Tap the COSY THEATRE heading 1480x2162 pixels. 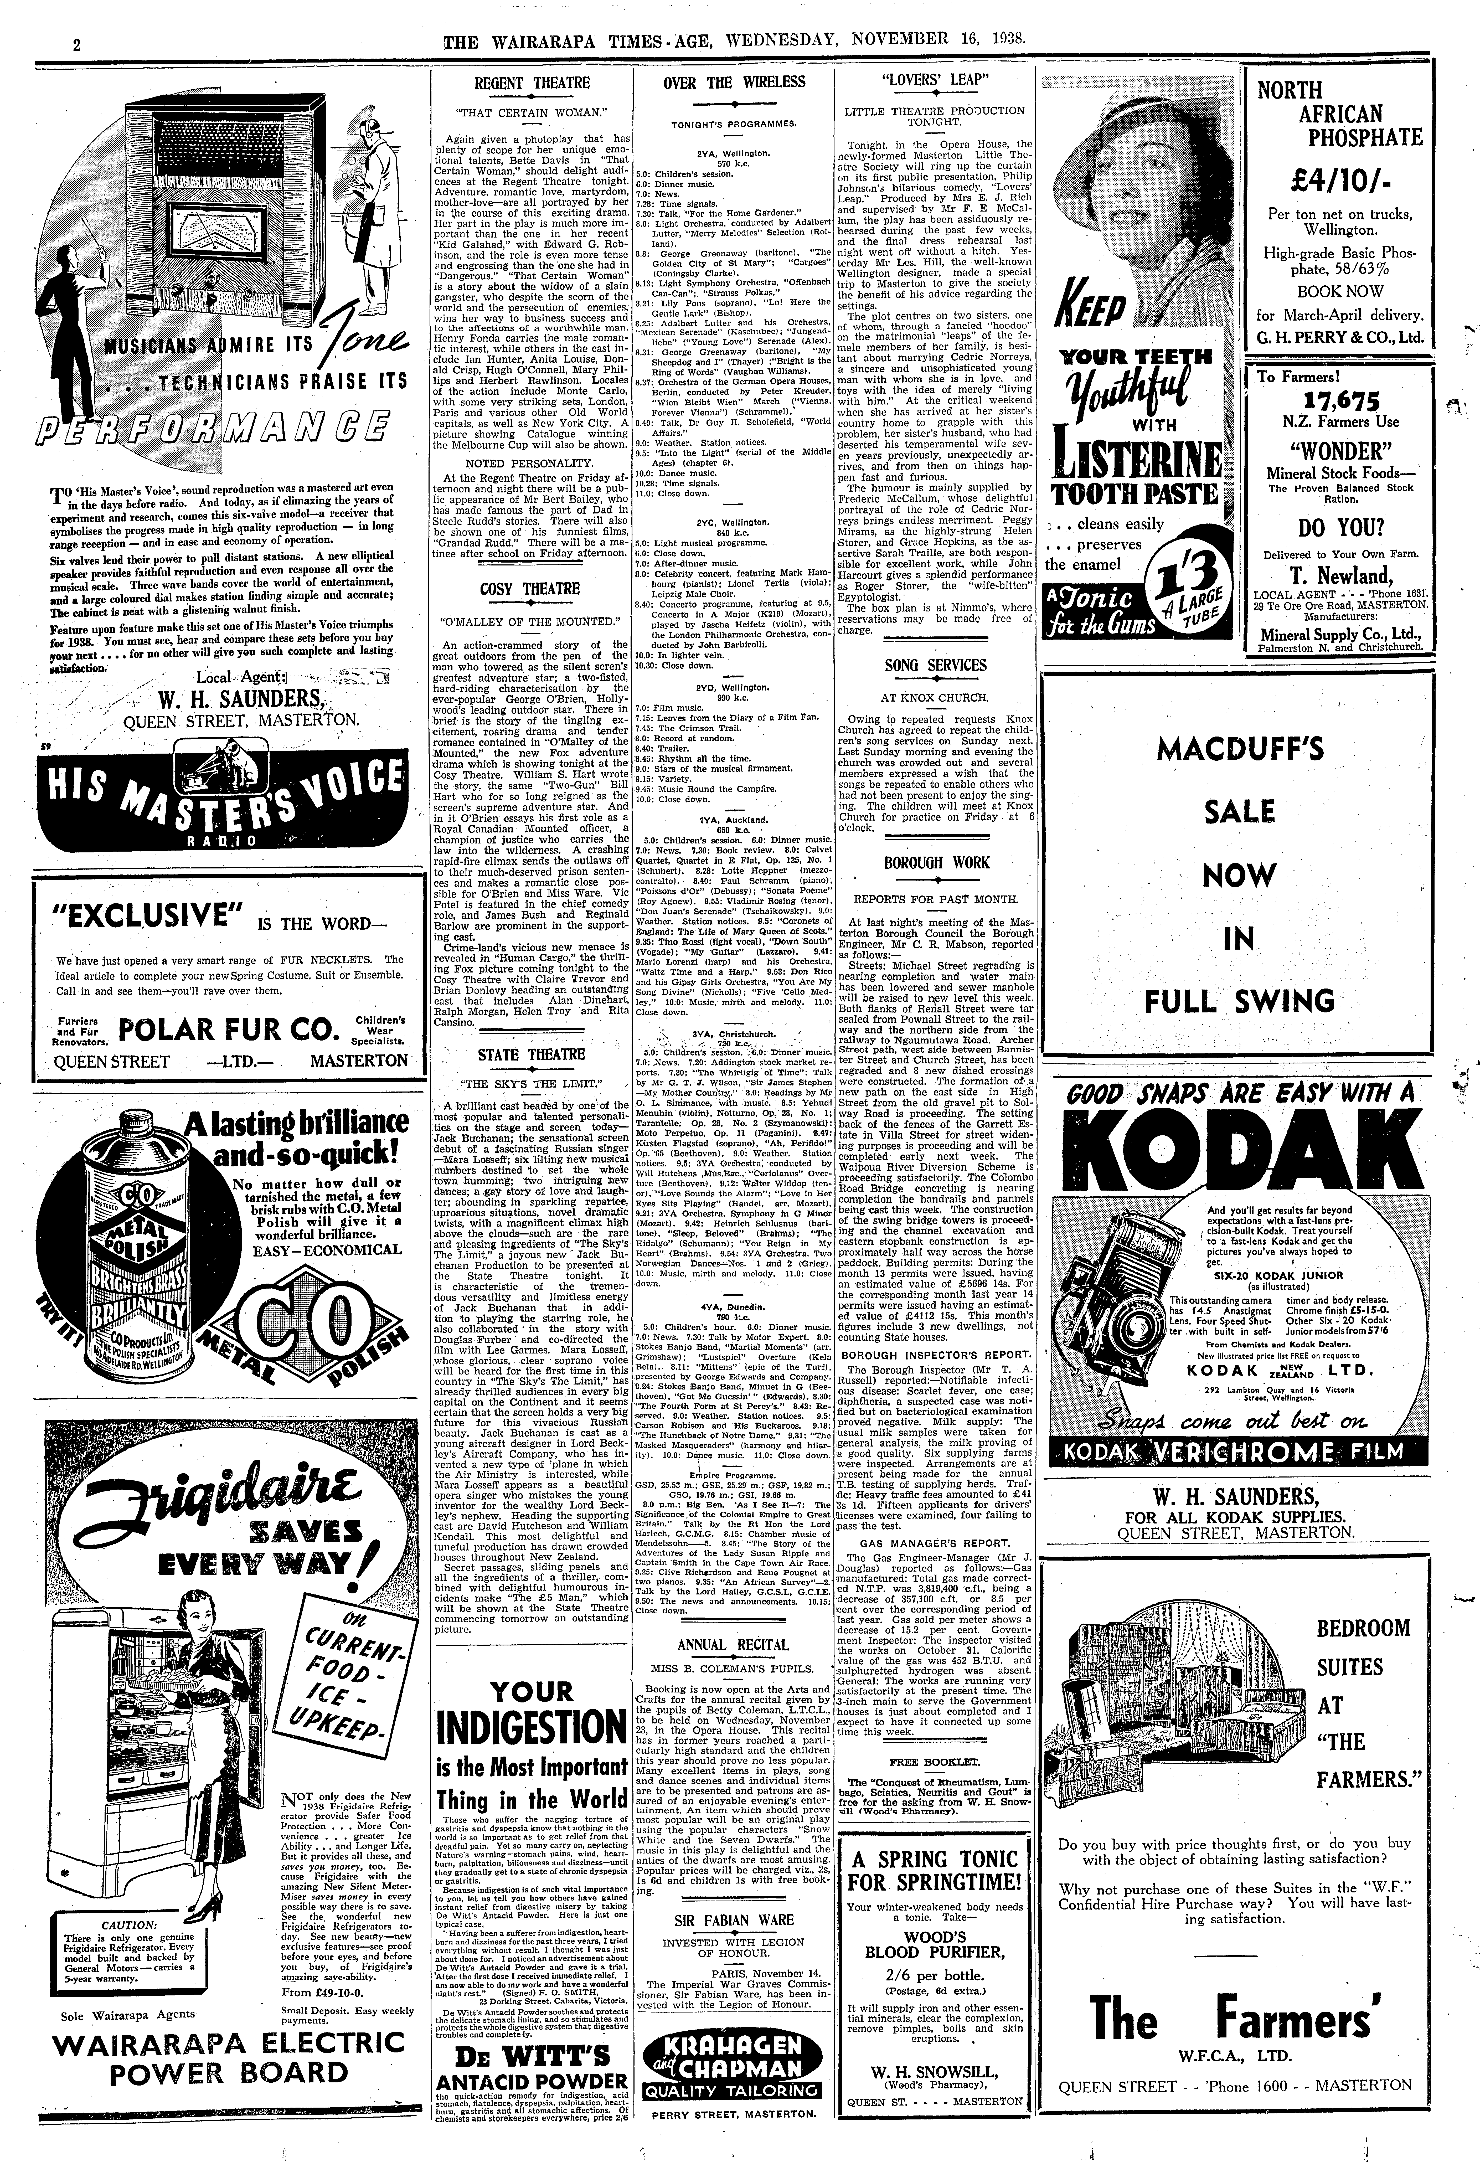531,589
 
